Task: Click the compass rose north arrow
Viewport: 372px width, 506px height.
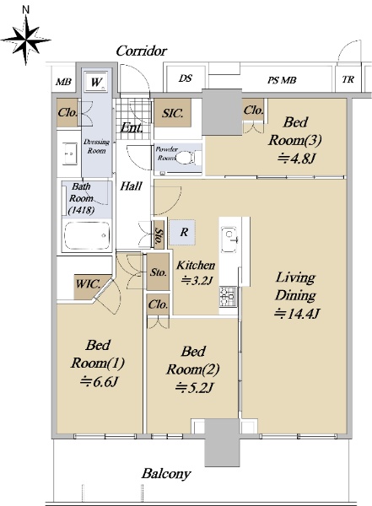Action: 26,39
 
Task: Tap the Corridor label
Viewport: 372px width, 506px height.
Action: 142,51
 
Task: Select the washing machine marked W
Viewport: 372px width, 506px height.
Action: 96,82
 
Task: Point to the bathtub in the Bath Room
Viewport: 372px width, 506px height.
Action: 87,235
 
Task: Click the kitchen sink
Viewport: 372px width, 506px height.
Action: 229,240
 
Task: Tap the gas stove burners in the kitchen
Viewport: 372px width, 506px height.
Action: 228,296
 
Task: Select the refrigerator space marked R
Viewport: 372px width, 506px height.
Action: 182,231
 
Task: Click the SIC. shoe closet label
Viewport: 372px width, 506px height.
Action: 173,113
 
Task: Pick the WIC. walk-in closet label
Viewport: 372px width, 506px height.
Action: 88,284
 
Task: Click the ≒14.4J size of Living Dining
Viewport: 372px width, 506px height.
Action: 297,314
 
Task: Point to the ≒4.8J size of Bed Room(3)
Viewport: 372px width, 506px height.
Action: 296,159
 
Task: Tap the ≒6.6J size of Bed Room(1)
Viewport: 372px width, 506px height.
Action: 99,381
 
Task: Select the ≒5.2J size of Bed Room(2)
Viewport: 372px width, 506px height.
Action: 193,387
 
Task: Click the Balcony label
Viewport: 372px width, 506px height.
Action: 166,474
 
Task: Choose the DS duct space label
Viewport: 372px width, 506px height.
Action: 186,78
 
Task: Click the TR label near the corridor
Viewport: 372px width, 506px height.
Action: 348,79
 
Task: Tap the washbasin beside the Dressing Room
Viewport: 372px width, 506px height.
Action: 70,153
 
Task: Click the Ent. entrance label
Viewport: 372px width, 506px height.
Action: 132,128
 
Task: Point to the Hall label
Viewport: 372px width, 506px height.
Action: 131,186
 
